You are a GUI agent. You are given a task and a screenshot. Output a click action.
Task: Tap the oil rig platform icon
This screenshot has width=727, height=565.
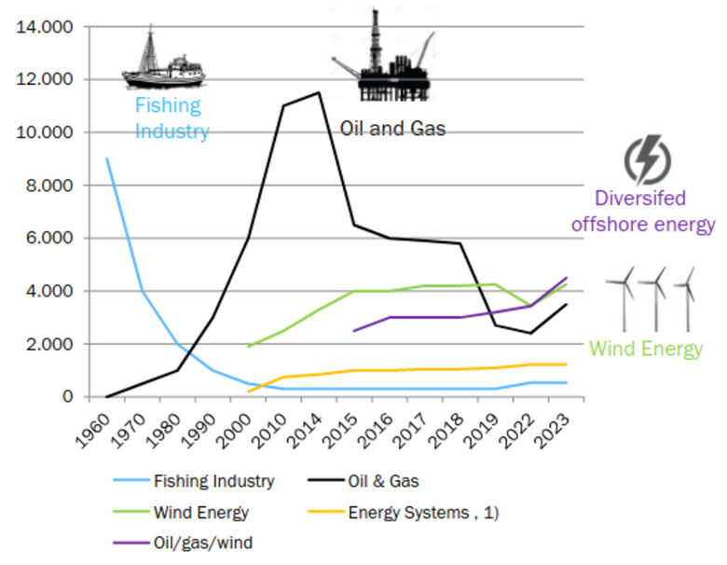(x=382, y=58)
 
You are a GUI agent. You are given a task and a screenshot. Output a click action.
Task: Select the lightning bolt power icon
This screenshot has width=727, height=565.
(x=646, y=160)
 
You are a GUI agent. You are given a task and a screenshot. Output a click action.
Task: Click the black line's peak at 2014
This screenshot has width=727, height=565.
(x=319, y=92)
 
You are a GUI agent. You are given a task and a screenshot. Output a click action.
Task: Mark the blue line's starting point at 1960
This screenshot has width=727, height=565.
(x=107, y=158)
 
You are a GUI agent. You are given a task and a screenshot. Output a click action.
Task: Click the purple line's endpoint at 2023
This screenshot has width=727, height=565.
(x=566, y=278)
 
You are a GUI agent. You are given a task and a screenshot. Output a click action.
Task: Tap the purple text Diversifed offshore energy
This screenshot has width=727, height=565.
(x=654, y=212)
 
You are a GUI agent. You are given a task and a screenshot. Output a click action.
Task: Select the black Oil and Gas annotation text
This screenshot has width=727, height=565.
(x=392, y=128)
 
